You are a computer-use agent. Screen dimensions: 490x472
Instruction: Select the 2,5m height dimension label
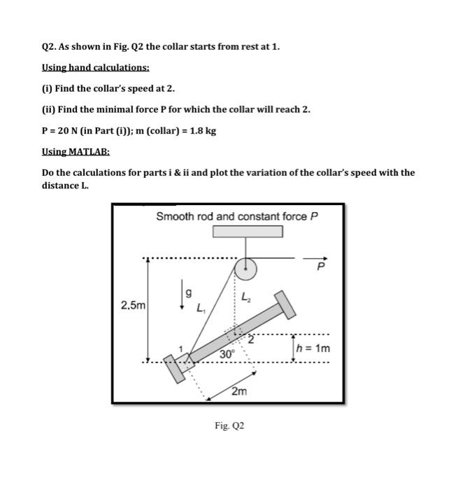pos(133,305)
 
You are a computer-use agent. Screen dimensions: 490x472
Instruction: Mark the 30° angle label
pos(227,354)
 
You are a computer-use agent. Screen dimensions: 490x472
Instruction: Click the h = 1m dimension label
pos(313,348)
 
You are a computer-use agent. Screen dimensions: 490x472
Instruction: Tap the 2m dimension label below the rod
pos(239,391)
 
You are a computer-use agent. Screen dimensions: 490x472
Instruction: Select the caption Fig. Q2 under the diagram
pos(230,425)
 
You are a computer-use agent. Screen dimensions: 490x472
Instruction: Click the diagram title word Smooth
pos(174,216)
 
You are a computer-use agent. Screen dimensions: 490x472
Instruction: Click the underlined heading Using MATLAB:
pos(76,151)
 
